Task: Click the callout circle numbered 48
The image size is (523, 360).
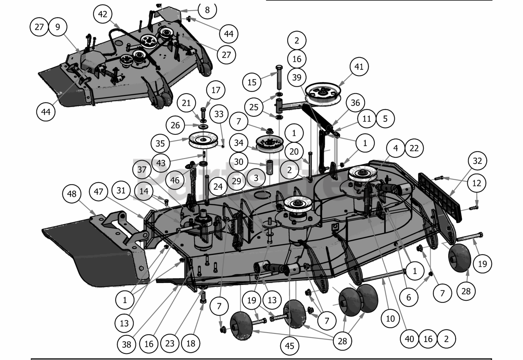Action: [72, 194]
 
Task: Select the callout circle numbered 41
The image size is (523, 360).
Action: [359, 67]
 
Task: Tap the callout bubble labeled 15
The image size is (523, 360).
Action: [252, 82]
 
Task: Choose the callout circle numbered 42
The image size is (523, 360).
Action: [103, 14]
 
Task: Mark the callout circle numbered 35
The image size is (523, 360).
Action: [160, 143]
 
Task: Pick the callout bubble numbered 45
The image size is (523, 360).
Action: [290, 346]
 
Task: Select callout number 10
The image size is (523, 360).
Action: [391, 318]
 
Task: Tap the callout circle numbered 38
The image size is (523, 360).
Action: [127, 344]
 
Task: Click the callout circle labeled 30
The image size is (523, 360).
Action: [239, 162]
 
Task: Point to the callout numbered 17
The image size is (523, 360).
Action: [215, 90]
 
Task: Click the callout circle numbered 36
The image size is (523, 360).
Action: [355, 103]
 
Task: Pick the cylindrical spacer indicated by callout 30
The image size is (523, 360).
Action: [270, 168]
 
